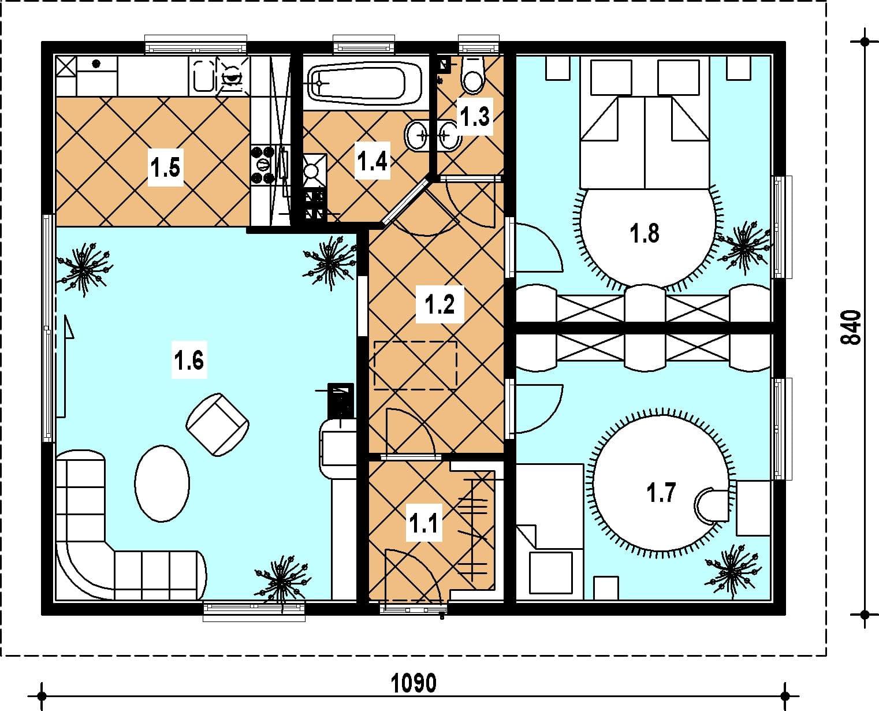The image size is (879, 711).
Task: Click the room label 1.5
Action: point(166,168)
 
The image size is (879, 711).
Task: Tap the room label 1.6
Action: point(189,360)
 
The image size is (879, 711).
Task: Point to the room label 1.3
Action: point(475,117)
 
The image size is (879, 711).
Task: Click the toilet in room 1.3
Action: point(473,75)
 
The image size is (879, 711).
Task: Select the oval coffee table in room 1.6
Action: point(162,483)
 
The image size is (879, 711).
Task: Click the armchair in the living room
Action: point(218,425)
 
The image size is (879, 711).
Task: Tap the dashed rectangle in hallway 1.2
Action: point(415,365)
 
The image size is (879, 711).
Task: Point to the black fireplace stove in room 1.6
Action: point(341,401)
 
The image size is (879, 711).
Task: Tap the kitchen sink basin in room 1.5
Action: point(203,76)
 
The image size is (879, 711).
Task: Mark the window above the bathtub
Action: point(364,44)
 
